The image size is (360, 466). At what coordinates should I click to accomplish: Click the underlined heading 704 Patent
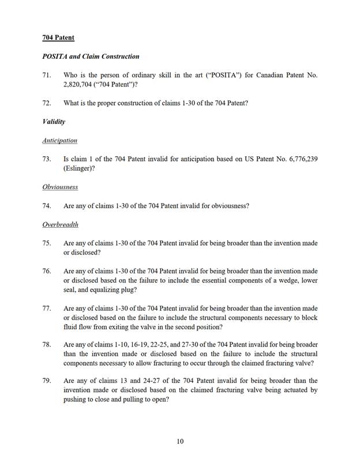tap(58, 38)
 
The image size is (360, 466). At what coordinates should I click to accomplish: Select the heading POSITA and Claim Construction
tap(91, 57)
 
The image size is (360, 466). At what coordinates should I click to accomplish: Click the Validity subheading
tap(54, 122)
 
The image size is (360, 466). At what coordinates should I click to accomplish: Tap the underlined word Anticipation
tap(59, 140)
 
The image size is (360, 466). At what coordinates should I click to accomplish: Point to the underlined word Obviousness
tap(60, 187)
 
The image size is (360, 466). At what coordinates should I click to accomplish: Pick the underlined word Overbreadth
tap(60, 224)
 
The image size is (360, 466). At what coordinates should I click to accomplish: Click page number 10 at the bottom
tap(180, 441)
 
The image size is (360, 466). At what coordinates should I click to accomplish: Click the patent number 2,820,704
tap(81, 85)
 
